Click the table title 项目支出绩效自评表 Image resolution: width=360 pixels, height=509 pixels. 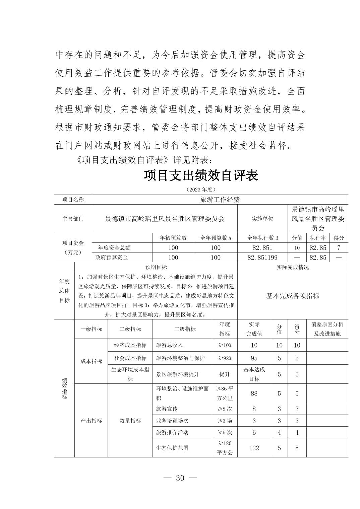(x=201, y=175)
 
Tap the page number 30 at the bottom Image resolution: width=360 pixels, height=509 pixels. (x=180, y=478)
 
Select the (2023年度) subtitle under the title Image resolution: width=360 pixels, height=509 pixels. (x=201, y=190)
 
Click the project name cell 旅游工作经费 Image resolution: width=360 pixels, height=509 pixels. (x=220, y=200)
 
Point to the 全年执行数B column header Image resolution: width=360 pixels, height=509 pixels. (x=262, y=238)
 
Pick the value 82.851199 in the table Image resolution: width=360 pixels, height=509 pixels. (x=262, y=258)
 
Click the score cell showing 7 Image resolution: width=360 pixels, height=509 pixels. (x=339, y=248)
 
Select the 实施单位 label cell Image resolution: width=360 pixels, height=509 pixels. (x=262, y=219)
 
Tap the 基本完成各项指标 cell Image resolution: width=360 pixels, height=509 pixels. (x=293, y=296)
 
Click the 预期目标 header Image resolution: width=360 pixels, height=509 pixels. (x=156, y=267)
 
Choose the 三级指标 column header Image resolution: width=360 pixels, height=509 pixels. (x=185, y=329)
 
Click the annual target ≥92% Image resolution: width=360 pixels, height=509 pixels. (x=225, y=358)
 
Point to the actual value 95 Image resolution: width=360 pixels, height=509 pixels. (x=254, y=358)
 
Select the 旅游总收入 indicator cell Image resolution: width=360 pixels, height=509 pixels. (x=170, y=345)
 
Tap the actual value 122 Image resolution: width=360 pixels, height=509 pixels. (x=254, y=448)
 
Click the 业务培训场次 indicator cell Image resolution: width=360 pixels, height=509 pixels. (x=172, y=421)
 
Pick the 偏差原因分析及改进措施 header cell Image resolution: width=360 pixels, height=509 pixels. (x=327, y=329)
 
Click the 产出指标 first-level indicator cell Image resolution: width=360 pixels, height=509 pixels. (x=91, y=421)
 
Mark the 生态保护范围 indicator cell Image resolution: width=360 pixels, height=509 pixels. (x=172, y=448)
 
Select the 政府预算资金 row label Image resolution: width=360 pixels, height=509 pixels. (x=112, y=258)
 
